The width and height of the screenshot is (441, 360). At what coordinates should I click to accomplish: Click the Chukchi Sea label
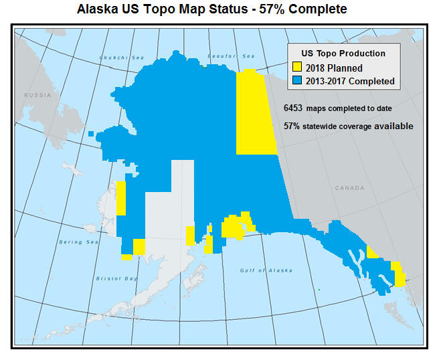pos(121,58)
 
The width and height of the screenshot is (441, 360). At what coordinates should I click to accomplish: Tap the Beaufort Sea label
pos(232,56)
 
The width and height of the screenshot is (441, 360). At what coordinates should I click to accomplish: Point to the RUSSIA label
pos(37,96)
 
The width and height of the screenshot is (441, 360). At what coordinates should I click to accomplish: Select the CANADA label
pos(349,188)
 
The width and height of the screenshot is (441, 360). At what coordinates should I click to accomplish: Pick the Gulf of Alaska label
pos(266,270)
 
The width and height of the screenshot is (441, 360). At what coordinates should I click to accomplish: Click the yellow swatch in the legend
pos(298,68)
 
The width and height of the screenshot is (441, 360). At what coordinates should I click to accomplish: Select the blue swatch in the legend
pos(298,81)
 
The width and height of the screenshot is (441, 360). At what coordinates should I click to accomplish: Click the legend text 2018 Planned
pos(334,68)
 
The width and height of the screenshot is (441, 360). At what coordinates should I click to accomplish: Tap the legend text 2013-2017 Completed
pos(350,82)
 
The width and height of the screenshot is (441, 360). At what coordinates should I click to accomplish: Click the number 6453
pos(293,108)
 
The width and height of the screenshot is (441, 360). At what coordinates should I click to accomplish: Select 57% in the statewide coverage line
pos(291,126)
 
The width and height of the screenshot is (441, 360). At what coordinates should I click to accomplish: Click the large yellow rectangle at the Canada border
pos(256,112)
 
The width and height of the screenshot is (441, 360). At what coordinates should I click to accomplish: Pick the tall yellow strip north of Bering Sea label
pos(121,197)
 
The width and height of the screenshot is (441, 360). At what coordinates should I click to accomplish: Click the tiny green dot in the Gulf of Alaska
pos(319,290)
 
